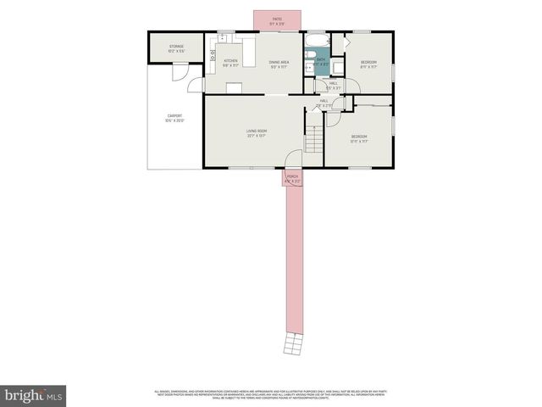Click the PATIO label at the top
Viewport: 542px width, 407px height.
point(277,20)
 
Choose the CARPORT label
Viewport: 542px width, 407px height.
point(174,118)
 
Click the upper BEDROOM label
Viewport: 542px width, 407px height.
point(368,63)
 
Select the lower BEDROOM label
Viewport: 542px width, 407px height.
point(359,139)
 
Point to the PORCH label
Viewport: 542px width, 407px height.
point(292,178)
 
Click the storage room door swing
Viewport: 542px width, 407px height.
point(180,72)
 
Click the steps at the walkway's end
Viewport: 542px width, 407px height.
point(292,343)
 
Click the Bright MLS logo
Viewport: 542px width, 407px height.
point(33,395)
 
